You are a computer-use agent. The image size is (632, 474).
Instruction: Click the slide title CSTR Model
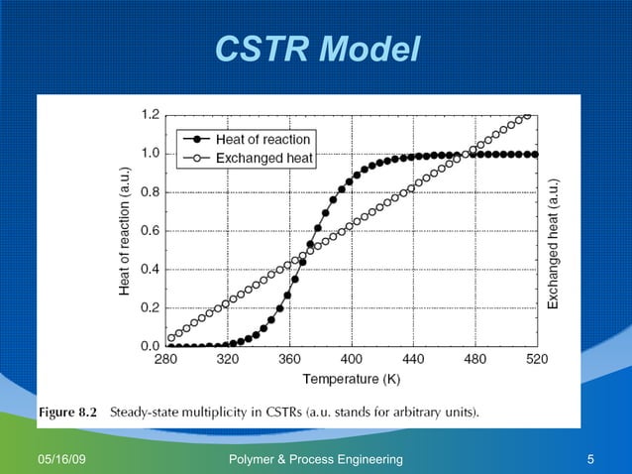pyautogui.click(x=317, y=49)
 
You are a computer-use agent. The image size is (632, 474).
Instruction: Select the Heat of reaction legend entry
pyautogui.click(x=263, y=140)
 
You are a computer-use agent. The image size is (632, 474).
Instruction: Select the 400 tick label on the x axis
pyautogui.click(x=351, y=360)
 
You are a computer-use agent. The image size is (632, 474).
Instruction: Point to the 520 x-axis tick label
pyautogui.click(x=535, y=360)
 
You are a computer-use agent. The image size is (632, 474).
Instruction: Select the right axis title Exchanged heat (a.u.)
pyautogui.click(x=555, y=243)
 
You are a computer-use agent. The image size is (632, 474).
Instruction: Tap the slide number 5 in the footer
pyautogui.click(x=590, y=459)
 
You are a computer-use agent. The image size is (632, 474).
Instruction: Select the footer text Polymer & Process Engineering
pyautogui.click(x=316, y=459)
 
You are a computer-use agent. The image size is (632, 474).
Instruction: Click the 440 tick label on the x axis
pyautogui.click(x=412, y=360)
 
